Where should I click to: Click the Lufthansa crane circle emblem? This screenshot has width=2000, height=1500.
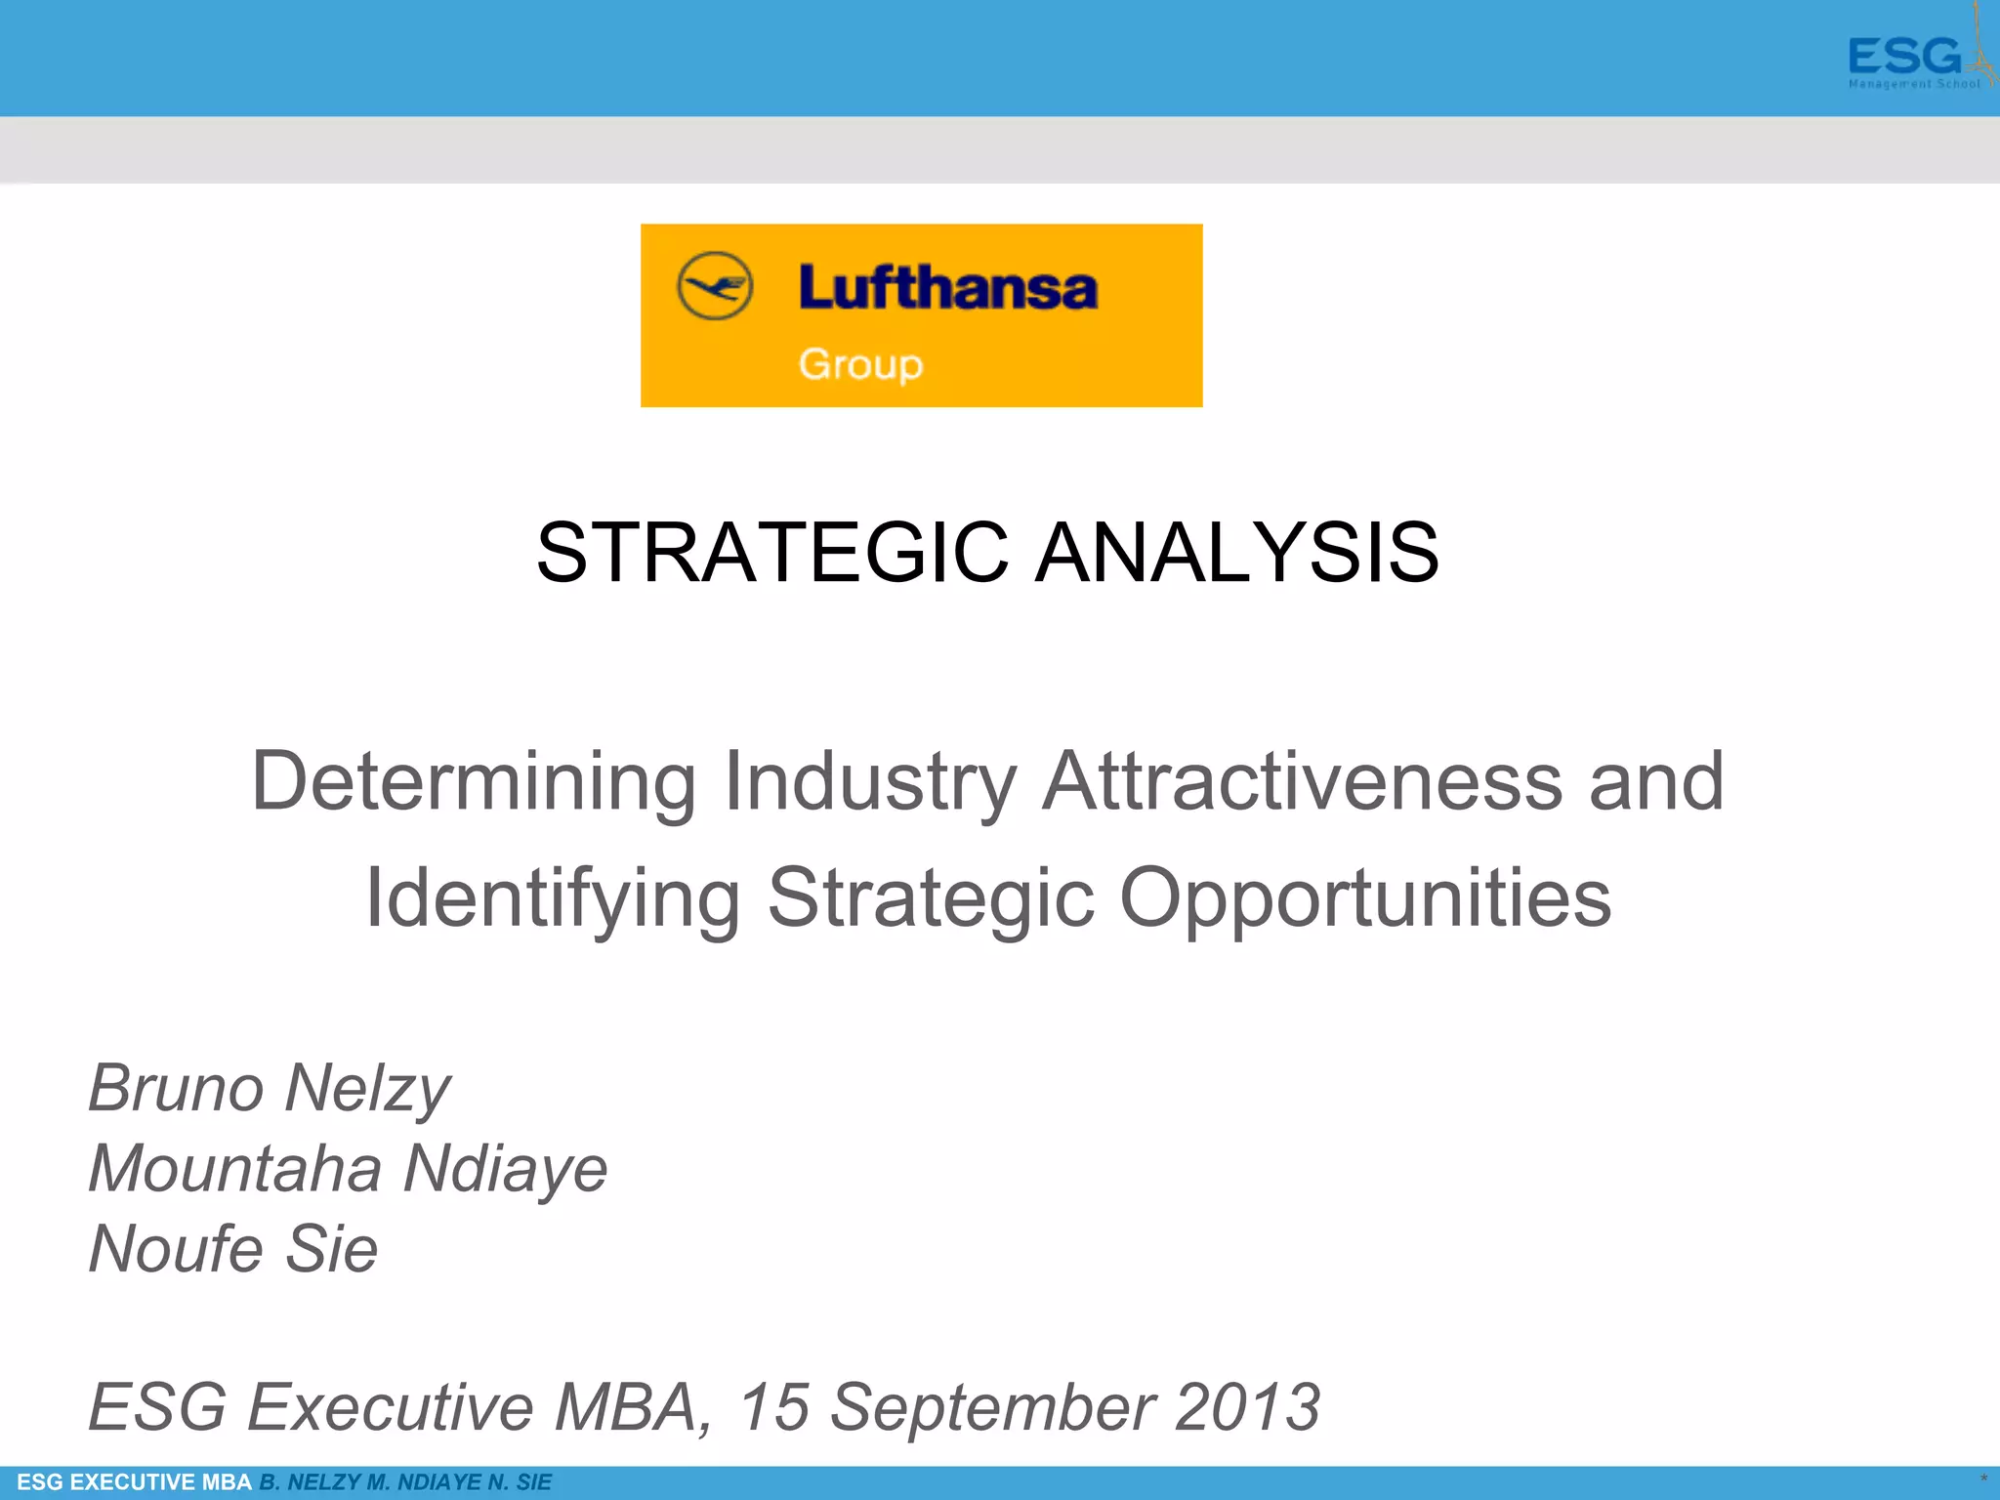(715, 286)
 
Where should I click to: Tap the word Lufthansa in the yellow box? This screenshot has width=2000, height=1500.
(947, 288)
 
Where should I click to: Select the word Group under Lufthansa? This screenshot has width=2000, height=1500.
(860, 364)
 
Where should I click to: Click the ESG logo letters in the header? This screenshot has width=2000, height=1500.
(1903, 57)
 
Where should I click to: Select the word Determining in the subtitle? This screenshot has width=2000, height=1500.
(474, 781)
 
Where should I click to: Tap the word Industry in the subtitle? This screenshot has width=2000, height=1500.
(870, 781)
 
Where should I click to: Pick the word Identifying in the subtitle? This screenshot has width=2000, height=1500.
(553, 897)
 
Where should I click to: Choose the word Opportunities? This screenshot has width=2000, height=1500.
(1364, 897)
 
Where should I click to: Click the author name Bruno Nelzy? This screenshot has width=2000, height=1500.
(270, 1088)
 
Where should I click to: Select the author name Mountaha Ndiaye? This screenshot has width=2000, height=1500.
(348, 1168)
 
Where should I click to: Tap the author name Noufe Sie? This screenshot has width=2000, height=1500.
(233, 1248)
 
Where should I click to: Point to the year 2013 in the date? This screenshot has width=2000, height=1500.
(1247, 1407)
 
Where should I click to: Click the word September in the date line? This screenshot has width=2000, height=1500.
(992, 1407)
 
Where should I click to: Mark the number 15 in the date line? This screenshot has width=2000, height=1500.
(774, 1407)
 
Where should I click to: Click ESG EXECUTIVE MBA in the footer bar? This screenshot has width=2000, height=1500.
(135, 1482)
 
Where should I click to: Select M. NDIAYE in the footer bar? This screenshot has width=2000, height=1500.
(424, 1482)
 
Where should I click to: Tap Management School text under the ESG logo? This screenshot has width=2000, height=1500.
(1914, 85)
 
